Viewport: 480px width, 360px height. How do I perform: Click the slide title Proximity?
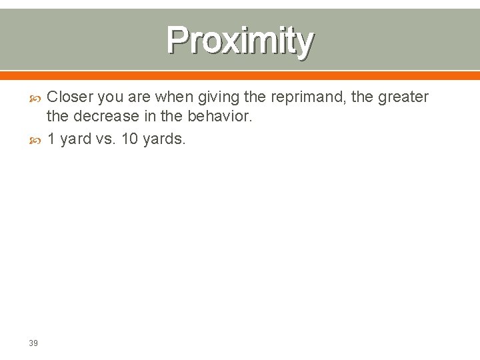pyautogui.click(x=240, y=41)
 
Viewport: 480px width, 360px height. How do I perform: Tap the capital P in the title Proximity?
pyautogui.click(x=178, y=40)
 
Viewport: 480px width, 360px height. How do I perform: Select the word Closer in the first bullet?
pyautogui.click(x=69, y=97)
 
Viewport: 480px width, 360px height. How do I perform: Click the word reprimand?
pyautogui.click(x=303, y=98)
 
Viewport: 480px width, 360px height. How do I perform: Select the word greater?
pyautogui.click(x=403, y=98)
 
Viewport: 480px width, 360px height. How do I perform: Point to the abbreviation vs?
pyautogui.click(x=105, y=139)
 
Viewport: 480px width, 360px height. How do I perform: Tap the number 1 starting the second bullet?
pyautogui.click(x=51, y=139)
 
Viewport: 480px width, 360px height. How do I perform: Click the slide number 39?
pyautogui.click(x=33, y=343)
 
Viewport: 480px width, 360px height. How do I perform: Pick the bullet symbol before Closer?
pyautogui.click(x=37, y=98)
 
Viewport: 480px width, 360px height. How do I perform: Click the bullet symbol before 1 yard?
pyautogui.click(x=37, y=139)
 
